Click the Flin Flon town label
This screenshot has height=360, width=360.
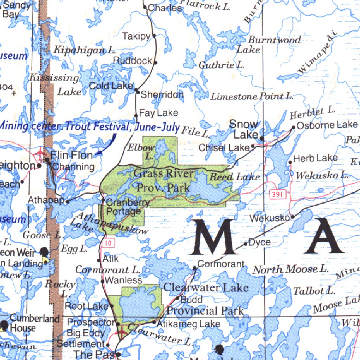coord(72,155)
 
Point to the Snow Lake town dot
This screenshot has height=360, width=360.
coord(262,138)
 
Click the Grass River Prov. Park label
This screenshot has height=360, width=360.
coord(163,180)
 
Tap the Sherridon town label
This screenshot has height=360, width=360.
coord(162,95)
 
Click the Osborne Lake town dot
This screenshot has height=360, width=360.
coord(293,127)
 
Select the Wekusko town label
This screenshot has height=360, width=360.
coord(270,218)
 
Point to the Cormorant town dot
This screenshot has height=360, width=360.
coord(195,268)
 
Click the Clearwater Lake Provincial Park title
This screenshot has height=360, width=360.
coord(206,299)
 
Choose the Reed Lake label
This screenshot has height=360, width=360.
coord(235,177)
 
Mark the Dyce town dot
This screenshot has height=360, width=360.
coord(245,244)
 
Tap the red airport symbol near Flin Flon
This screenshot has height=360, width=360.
coord(40,153)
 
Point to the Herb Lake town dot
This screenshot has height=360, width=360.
coord(290,162)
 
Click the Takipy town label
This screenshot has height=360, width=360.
coord(136,36)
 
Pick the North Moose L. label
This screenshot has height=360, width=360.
coord(291,270)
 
